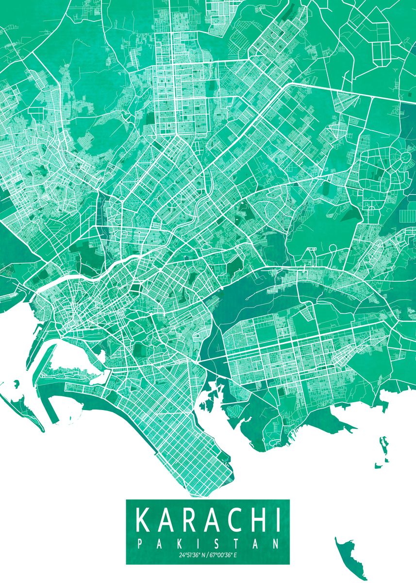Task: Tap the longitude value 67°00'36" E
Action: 224,555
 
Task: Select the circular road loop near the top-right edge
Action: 404,158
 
